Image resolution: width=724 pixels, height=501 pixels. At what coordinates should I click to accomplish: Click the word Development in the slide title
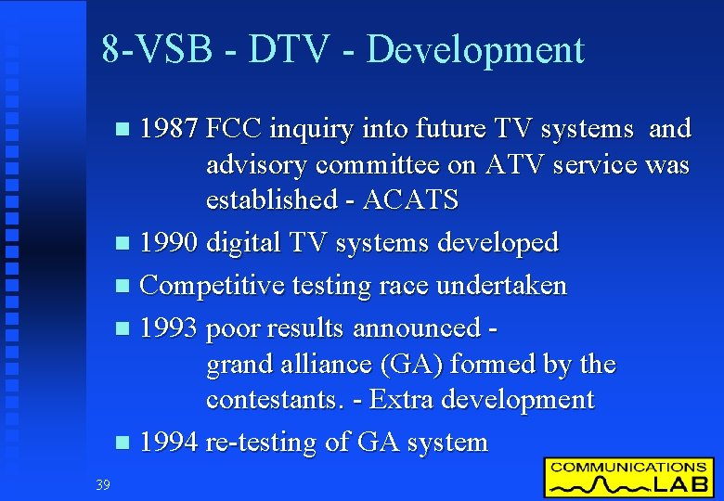(x=476, y=50)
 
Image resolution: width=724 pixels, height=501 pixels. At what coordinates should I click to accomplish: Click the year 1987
(x=169, y=128)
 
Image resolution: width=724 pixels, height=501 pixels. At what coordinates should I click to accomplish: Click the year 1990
(x=169, y=243)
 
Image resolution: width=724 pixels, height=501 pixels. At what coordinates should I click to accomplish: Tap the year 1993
(x=169, y=328)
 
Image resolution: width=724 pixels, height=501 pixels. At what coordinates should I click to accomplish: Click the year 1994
(x=169, y=442)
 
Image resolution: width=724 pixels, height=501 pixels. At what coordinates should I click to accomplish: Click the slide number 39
(x=102, y=483)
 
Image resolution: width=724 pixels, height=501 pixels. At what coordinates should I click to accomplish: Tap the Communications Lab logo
(x=628, y=477)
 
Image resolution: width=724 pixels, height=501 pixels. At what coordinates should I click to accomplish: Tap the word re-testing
(x=262, y=443)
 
